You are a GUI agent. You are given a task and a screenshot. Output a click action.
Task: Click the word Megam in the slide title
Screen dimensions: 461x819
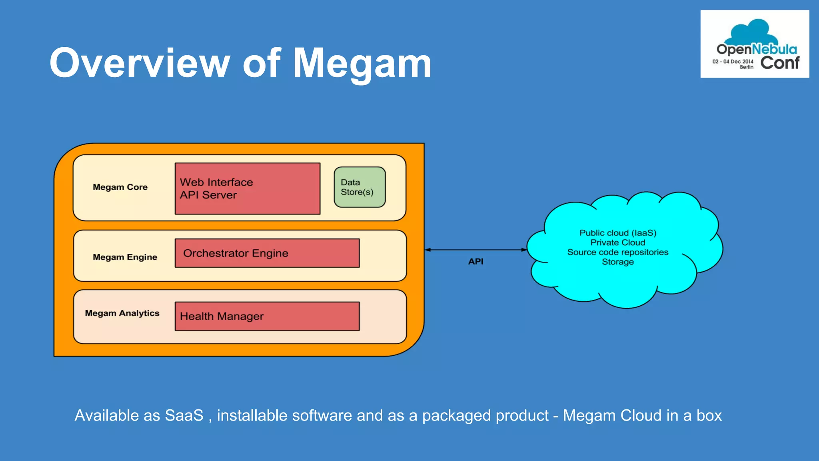362,63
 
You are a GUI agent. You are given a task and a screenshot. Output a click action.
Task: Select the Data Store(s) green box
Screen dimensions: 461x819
360,187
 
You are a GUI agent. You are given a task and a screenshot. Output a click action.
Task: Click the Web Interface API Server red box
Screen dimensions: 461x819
248,188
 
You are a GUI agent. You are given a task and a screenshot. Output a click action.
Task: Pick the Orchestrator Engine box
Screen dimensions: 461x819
267,253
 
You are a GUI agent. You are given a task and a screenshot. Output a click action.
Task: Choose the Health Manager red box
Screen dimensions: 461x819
267,316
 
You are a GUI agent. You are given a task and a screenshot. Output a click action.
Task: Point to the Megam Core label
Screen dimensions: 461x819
120,187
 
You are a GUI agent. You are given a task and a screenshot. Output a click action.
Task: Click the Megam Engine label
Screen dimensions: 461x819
125,257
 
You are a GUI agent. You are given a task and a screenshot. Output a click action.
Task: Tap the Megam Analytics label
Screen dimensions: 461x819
122,313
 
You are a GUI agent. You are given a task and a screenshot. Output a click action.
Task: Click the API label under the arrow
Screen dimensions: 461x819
475,262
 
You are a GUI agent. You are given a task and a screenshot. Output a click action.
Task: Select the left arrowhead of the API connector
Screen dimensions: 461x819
427,250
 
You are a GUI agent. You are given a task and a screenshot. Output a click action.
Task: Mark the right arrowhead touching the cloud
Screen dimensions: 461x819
524,250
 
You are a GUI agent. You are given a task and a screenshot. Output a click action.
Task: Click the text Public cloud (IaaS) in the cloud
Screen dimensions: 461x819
617,233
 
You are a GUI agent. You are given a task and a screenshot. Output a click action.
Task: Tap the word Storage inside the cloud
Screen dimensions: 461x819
617,262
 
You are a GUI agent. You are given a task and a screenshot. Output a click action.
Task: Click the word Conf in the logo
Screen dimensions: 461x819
779,63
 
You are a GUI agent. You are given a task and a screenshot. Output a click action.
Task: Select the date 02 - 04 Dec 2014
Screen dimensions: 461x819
733,62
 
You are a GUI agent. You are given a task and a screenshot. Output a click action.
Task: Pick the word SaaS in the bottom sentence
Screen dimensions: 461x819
184,416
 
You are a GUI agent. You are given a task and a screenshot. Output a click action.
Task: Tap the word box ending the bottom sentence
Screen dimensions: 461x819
709,416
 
